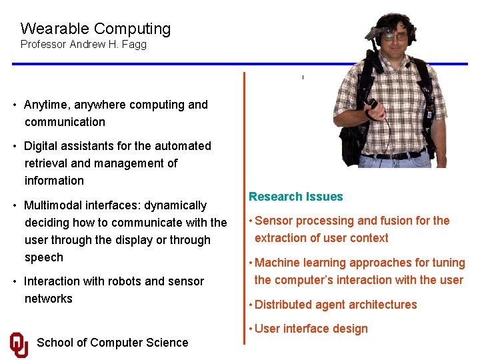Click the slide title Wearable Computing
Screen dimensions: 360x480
[x=95, y=29]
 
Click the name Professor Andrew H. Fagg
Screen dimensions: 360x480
[x=83, y=45]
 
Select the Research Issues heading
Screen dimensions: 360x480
[x=295, y=197]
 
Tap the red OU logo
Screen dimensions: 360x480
[x=19, y=344]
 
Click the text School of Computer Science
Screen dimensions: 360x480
[x=112, y=343]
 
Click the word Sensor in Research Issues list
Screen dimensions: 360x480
[x=274, y=221]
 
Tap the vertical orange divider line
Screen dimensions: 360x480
[x=244, y=200]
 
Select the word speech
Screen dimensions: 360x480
[x=44, y=257]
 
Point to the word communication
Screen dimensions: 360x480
[x=65, y=122]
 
